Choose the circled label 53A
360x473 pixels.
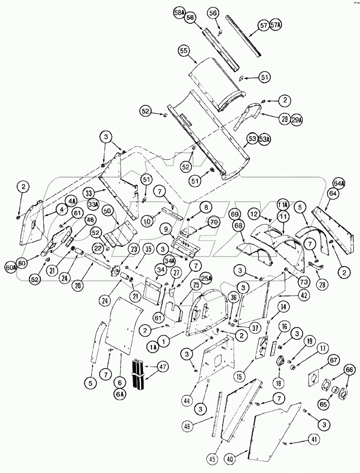(265, 139)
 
